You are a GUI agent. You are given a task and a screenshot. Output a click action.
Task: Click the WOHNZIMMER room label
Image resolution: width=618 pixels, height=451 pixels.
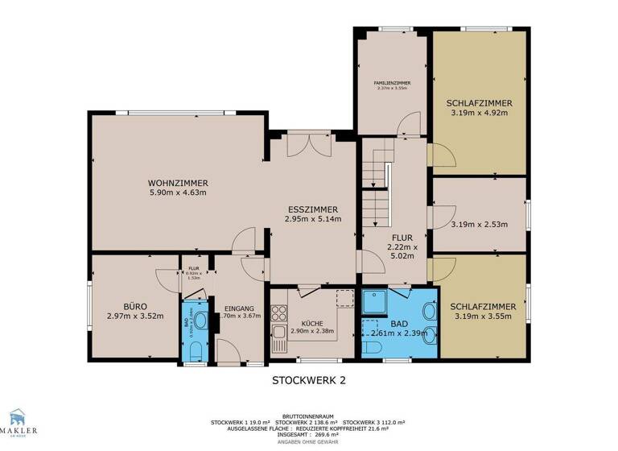pos(179,183)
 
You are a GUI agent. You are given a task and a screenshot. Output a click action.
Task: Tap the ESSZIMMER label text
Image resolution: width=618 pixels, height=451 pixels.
pos(313,208)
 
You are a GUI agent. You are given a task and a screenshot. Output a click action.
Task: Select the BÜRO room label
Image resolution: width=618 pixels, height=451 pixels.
pos(134,306)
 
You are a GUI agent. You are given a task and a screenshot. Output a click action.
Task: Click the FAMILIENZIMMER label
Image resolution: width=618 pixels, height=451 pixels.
pos(391,83)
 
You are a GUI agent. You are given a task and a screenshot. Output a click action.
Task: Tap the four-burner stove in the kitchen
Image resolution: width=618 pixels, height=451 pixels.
pos(278,310)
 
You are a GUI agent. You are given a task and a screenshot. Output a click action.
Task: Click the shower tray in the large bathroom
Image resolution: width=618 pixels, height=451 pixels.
pos(375,302)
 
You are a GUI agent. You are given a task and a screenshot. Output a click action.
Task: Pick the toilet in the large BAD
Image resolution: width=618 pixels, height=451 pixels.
pos(373,347)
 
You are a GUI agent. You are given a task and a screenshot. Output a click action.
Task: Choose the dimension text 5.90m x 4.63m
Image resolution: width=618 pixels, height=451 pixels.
pos(179,192)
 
